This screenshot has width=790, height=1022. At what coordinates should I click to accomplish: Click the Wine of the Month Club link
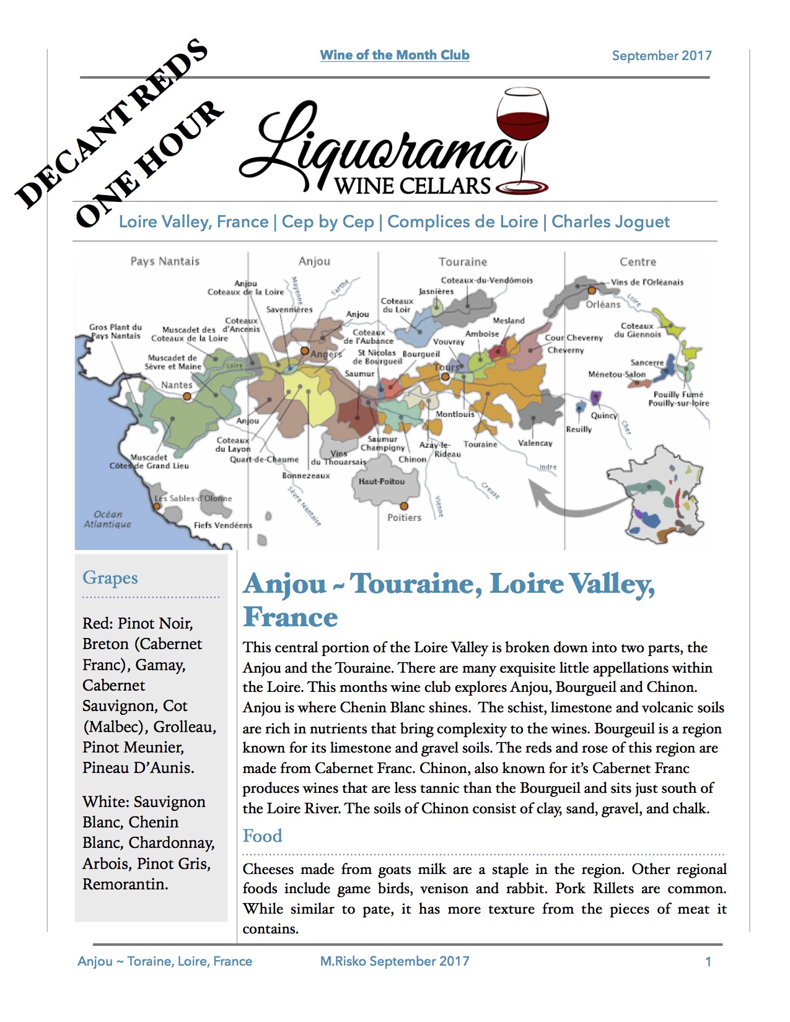tap(395, 55)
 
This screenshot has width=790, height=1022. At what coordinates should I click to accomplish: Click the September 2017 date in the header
tap(661, 56)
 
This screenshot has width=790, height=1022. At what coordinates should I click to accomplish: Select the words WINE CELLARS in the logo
tap(413, 186)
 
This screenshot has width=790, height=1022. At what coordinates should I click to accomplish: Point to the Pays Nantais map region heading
tap(165, 261)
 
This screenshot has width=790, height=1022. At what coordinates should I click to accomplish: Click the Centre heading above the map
tap(638, 262)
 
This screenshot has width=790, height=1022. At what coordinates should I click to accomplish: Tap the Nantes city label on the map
tap(177, 385)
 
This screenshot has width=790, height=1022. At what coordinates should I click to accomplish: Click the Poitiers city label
tap(404, 518)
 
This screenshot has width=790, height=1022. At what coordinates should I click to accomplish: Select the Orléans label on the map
tap(603, 305)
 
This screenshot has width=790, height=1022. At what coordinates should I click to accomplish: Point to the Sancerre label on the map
tap(647, 362)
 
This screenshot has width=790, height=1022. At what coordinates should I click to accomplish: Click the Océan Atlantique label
tap(108, 519)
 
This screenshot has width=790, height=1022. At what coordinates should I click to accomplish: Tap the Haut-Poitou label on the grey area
tap(382, 481)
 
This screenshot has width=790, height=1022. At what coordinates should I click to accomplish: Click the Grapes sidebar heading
tap(110, 577)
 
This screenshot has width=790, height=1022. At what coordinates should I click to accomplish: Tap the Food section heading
tap(262, 836)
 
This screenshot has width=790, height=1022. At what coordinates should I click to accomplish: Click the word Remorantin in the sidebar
tap(125, 884)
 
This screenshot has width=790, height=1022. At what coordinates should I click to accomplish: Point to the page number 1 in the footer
tap(708, 962)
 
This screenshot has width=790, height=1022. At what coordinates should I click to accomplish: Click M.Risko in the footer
tap(343, 961)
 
